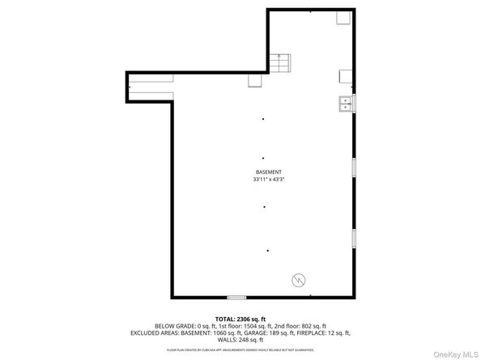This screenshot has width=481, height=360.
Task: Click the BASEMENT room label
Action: [268, 172]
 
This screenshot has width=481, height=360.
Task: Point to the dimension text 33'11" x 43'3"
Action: [268, 180]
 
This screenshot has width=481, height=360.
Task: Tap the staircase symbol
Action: [280, 62]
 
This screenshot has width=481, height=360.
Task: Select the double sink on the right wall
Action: [346, 104]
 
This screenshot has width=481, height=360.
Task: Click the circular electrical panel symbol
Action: [297, 280]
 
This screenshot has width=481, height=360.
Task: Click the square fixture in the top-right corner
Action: [343, 19]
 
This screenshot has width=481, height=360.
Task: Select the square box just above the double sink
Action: [345, 77]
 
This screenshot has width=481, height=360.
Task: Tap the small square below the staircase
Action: [254, 79]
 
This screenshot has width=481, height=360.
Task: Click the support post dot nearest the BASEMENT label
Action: [263, 158]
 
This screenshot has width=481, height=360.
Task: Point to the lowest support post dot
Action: [267, 250]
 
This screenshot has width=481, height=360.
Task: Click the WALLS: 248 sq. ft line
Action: [239, 340]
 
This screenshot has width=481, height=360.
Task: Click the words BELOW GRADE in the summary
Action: [172, 325]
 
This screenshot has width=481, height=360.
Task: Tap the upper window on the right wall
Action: [353, 167]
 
